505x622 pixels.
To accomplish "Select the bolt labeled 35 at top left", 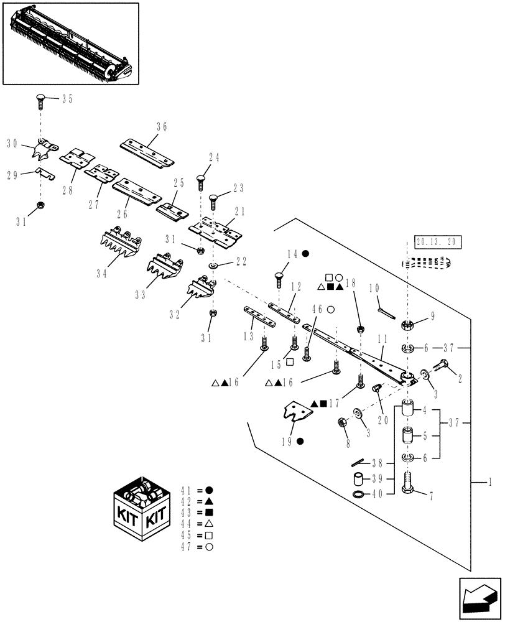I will pos(41,99).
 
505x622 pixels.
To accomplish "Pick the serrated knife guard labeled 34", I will pos(121,246).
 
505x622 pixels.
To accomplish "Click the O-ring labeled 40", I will pos(359,494).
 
